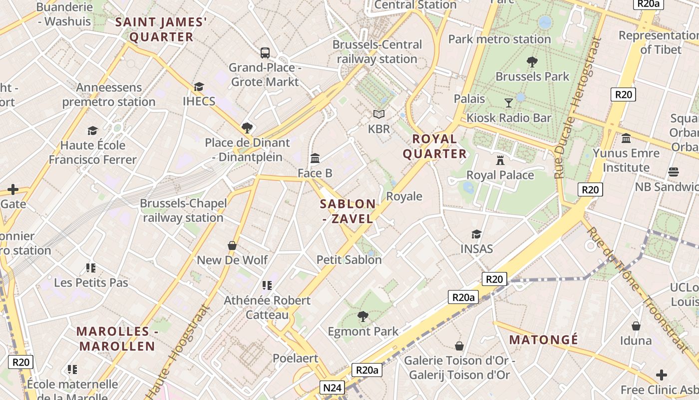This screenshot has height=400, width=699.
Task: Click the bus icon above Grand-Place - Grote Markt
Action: pos(265,52)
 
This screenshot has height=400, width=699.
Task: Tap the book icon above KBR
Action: pos(379,114)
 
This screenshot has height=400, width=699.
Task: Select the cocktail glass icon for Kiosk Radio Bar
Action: pos(509,103)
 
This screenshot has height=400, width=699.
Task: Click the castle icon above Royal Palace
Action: pos(500,160)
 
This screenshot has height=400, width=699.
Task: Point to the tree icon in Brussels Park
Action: pos(532,62)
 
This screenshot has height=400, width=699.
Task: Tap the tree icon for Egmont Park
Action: pos(363,316)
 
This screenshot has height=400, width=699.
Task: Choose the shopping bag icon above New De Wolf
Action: pos(232,245)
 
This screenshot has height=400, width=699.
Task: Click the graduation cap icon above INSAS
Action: pos(476,234)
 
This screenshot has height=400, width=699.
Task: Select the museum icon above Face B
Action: pos(315,158)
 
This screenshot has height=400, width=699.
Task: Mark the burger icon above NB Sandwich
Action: pos(673,172)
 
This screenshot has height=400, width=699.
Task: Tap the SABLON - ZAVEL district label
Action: pos(348,211)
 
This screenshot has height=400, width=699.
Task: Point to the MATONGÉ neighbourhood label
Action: pos(544,340)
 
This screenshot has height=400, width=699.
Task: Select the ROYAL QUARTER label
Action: pos(435,146)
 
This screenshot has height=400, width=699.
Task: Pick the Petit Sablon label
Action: pos(349,259)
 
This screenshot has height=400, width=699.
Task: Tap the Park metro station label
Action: pos(499,39)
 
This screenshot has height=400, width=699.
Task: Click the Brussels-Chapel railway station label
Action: pos(183,210)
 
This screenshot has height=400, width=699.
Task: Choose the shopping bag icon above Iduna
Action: pos(636,326)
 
